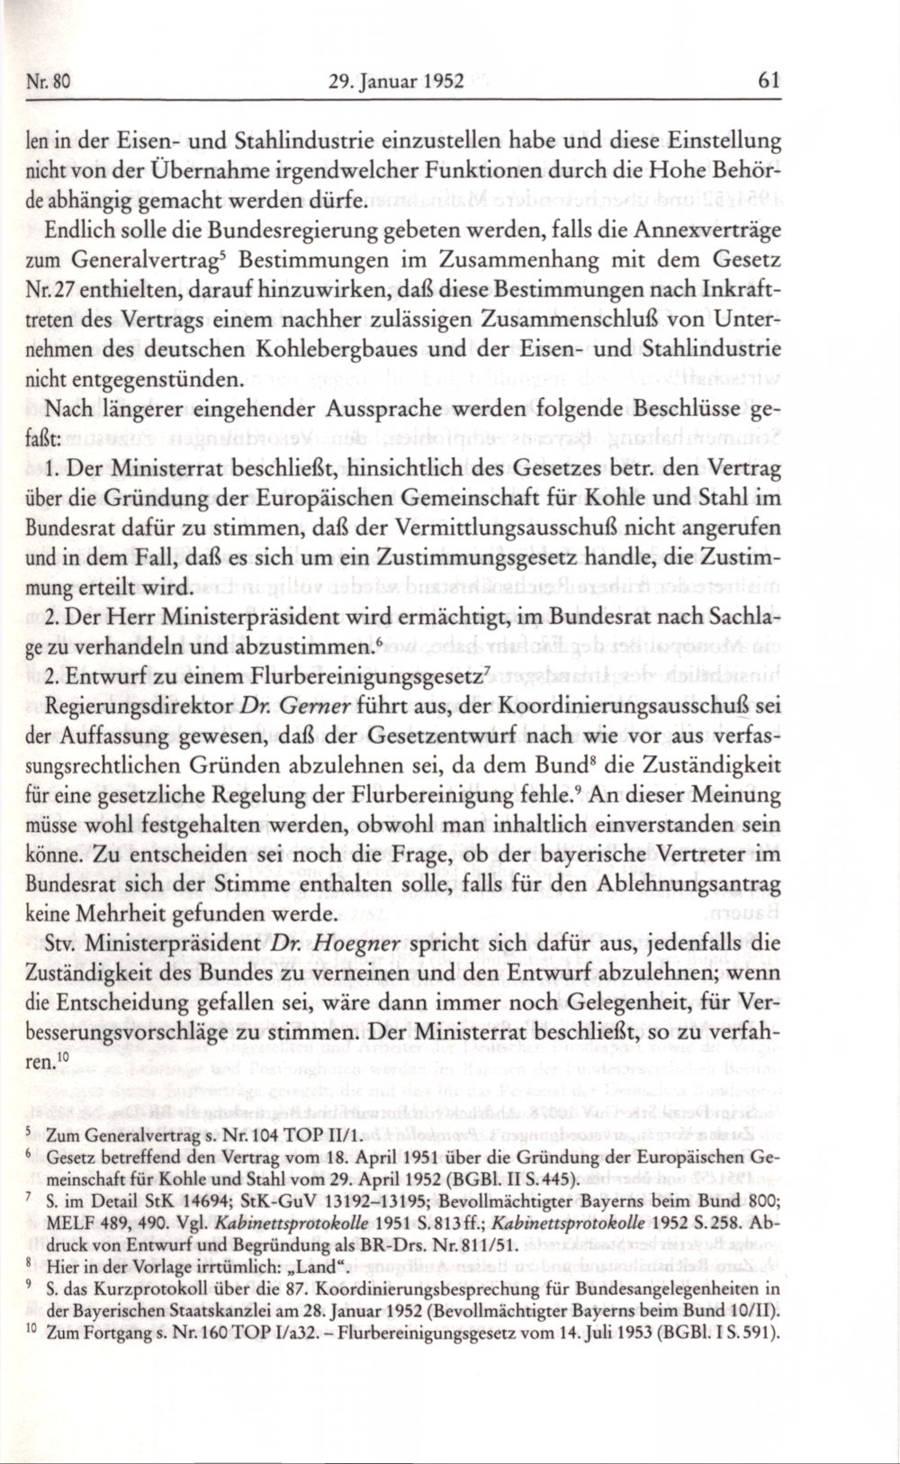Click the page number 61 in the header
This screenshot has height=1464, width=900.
coord(768,80)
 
